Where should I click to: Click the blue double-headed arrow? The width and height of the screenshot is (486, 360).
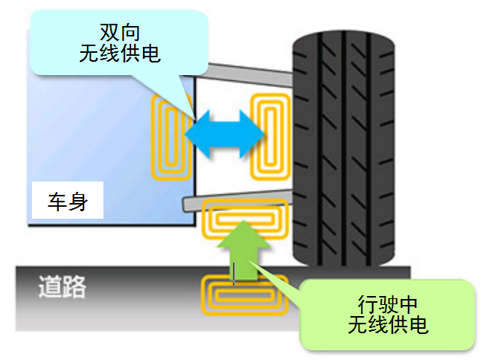tap(226, 135)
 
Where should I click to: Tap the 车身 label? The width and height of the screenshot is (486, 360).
tap(67, 202)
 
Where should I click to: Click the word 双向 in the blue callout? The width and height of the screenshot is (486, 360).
tap(120, 32)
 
